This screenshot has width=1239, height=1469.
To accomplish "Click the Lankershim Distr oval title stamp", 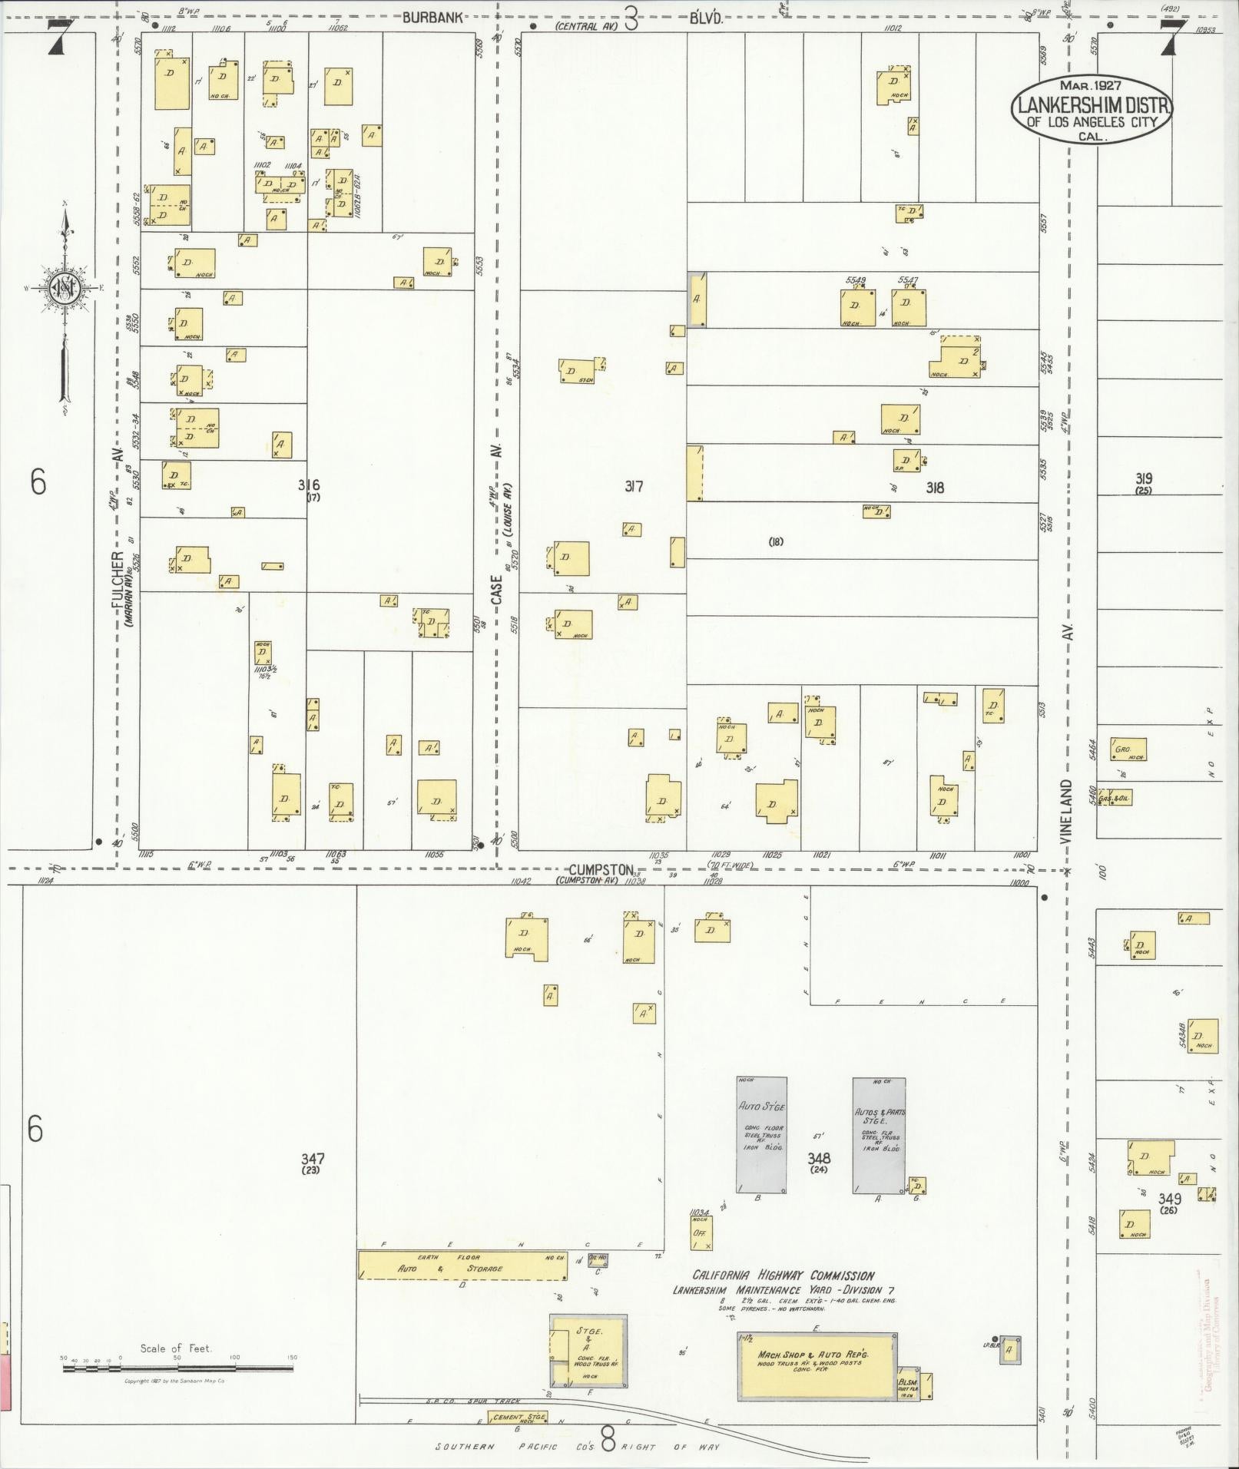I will pyautogui.click(x=1092, y=109).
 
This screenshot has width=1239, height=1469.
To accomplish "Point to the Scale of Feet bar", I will pyautogui.click(x=177, y=1368).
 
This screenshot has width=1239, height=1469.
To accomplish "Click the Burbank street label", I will pyautogui.click(x=432, y=18).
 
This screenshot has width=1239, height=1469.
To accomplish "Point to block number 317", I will pyautogui.click(x=633, y=485).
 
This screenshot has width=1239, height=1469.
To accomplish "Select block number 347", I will pyautogui.click(x=313, y=1159).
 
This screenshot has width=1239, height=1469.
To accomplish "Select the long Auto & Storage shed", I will pyautogui.click(x=462, y=1265).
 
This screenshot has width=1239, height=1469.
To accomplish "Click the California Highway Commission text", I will pyautogui.click(x=783, y=1275).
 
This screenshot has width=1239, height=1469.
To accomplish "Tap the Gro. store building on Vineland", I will pyautogui.click(x=1128, y=749).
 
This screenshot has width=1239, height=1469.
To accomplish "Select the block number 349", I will pyautogui.click(x=1169, y=1199).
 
